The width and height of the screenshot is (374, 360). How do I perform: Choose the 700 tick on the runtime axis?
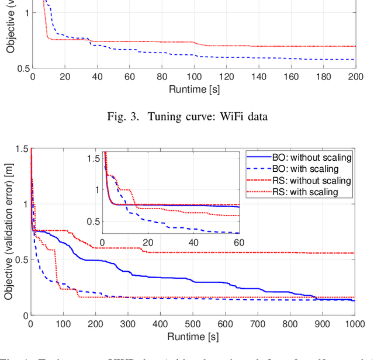tap(257, 324)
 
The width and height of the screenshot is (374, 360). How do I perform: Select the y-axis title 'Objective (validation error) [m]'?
tap(9, 232)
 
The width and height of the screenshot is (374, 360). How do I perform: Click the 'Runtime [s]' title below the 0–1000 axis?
tap(192, 337)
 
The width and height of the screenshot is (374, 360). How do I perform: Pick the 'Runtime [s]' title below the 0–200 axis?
tap(192, 89)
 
